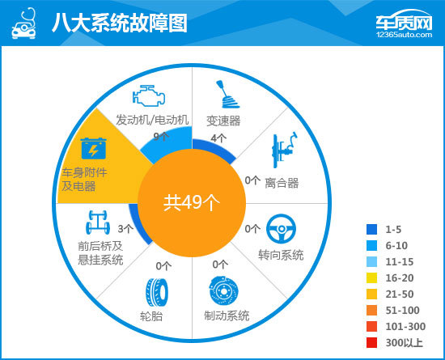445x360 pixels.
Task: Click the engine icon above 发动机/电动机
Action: coord(149,95)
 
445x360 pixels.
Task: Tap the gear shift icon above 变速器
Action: coord(227,95)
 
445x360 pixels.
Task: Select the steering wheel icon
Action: coord(281,229)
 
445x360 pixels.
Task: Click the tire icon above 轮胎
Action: coord(157,292)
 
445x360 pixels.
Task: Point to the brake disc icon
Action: coord(224,290)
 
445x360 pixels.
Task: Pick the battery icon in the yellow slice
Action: coord(93,148)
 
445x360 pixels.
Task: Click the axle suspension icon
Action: coord(98,222)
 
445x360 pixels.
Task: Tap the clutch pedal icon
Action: coord(285,150)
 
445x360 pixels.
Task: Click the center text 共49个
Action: coord(192,203)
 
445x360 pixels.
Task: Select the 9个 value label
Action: coord(161,137)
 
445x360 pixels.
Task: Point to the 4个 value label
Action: coord(218,138)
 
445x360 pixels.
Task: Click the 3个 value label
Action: coord(125,229)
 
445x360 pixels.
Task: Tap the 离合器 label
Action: coord(282,183)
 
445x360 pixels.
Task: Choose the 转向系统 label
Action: coord(281,255)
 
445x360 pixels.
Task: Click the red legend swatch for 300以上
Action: coord(372,342)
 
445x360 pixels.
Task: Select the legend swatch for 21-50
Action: coord(372,294)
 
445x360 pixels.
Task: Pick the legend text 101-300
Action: coord(405,327)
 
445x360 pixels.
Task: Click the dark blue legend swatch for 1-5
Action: coord(372,229)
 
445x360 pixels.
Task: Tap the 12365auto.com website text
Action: coord(404,35)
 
